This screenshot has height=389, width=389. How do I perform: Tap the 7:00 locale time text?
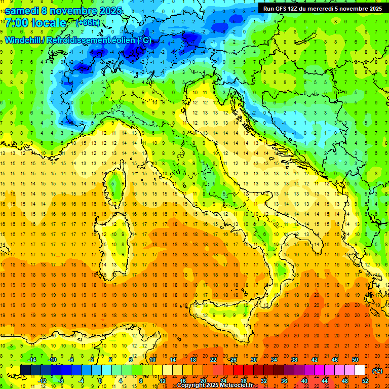click(x=35, y=23)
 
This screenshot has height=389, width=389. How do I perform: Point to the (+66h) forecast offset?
click(x=88, y=23)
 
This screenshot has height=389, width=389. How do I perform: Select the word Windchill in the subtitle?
click(x=23, y=40)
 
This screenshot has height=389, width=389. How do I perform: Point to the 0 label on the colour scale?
click(x=100, y=380)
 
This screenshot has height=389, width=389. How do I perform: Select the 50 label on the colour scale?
click(x=355, y=360)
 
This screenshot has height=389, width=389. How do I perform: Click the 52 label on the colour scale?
click(x=365, y=380)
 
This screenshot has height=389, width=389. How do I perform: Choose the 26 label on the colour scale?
click(x=233, y=360)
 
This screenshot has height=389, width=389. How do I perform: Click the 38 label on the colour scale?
click(x=294, y=360)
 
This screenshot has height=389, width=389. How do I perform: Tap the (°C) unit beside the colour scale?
click(x=377, y=370)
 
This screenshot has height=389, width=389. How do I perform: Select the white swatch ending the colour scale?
click(x=360, y=370)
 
